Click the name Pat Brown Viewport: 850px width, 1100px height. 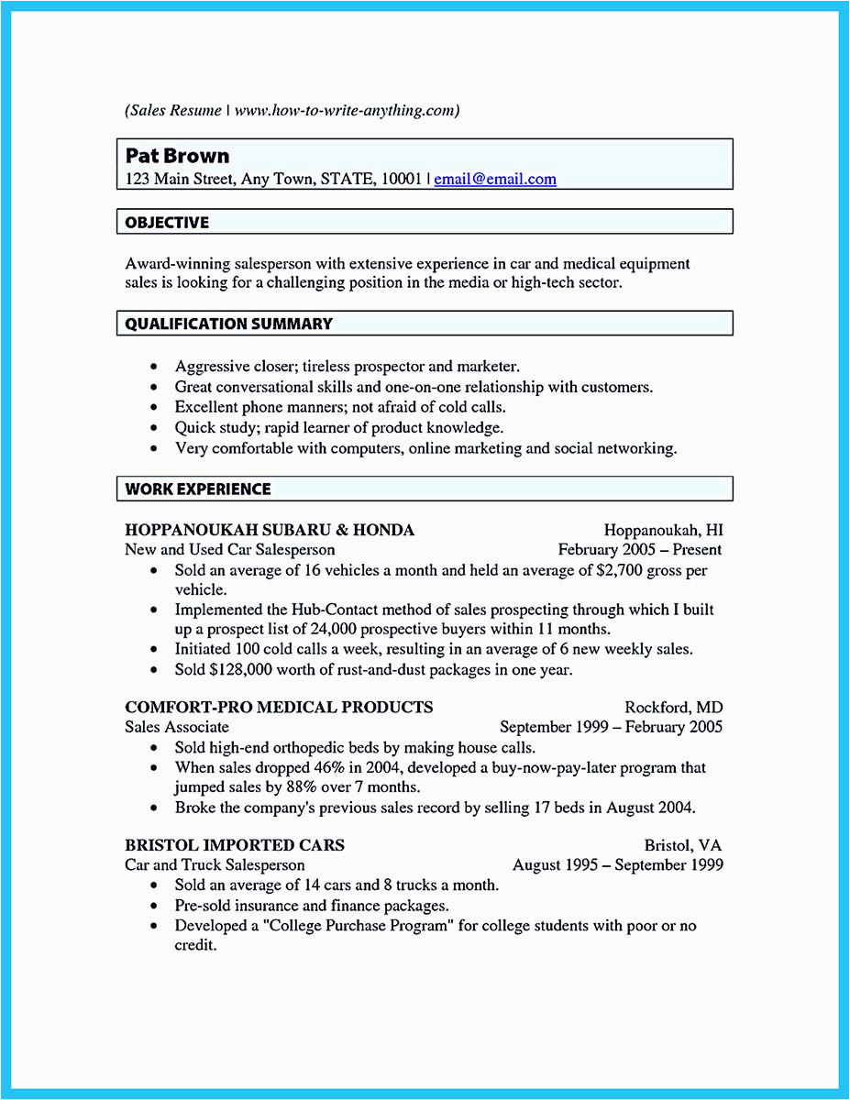click(x=177, y=156)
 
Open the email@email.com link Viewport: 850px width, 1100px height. click(x=495, y=180)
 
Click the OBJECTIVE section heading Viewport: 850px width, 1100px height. click(x=167, y=223)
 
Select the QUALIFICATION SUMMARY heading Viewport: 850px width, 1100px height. click(x=228, y=324)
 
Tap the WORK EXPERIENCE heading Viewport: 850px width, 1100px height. click(x=198, y=489)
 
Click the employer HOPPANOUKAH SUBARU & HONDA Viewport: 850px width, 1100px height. click(x=270, y=530)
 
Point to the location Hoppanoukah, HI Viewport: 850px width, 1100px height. click(x=663, y=530)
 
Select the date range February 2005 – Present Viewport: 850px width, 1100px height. click(x=640, y=550)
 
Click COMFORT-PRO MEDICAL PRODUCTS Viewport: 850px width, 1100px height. click(x=279, y=708)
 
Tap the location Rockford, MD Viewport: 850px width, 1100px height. click(x=673, y=708)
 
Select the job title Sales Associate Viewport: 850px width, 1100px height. click(x=177, y=727)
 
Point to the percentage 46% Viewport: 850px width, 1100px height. click(x=315, y=767)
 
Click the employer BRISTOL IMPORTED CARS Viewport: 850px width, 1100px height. click(x=235, y=845)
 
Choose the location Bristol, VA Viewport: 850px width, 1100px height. click(x=683, y=845)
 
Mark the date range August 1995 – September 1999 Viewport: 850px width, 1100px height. click(x=617, y=865)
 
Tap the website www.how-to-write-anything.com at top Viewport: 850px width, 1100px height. click(x=343, y=111)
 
